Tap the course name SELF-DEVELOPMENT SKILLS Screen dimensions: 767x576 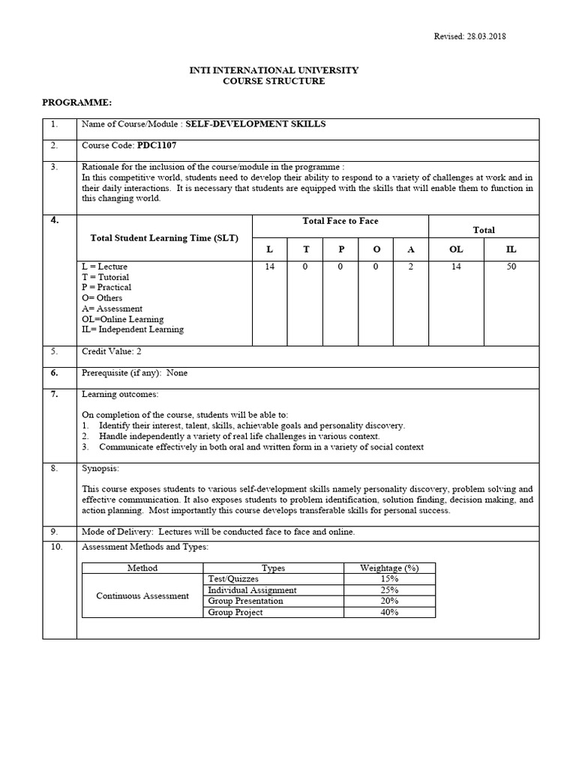tap(256, 124)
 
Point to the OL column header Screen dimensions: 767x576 tap(456, 249)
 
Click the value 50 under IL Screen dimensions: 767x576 tap(511, 267)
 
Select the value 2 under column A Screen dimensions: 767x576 tap(410, 267)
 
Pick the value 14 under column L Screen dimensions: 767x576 tap(270, 267)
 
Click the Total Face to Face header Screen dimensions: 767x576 tap(340, 221)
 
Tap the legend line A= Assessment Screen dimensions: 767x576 tap(112, 309)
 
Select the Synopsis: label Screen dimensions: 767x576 tap(100, 468)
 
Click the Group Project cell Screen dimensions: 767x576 tap(235, 612)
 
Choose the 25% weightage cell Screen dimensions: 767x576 tap(389, 590)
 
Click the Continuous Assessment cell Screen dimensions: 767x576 tap(142, 595)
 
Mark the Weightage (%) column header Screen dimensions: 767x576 tap(389, 569)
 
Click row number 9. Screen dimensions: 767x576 tap(54, 532)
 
